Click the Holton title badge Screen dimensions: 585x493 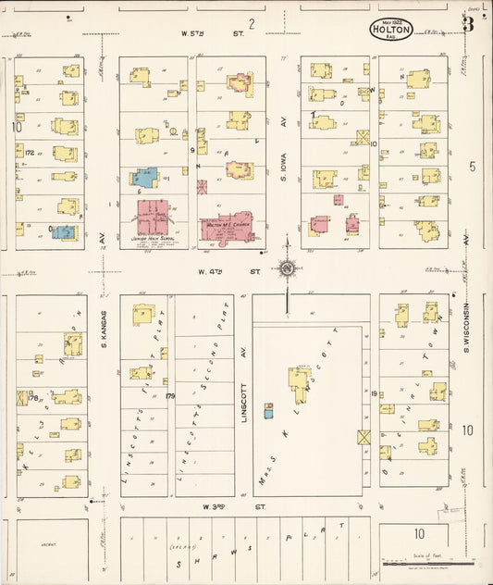point(392,29)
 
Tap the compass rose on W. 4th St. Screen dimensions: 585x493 point(288,269)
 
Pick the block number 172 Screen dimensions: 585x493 point(30,153)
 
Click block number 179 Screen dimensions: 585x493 point(170,396)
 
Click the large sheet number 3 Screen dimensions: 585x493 point(469,24)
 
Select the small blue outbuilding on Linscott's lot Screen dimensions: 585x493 point(268,411)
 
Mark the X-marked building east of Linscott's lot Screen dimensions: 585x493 point(364,437)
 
